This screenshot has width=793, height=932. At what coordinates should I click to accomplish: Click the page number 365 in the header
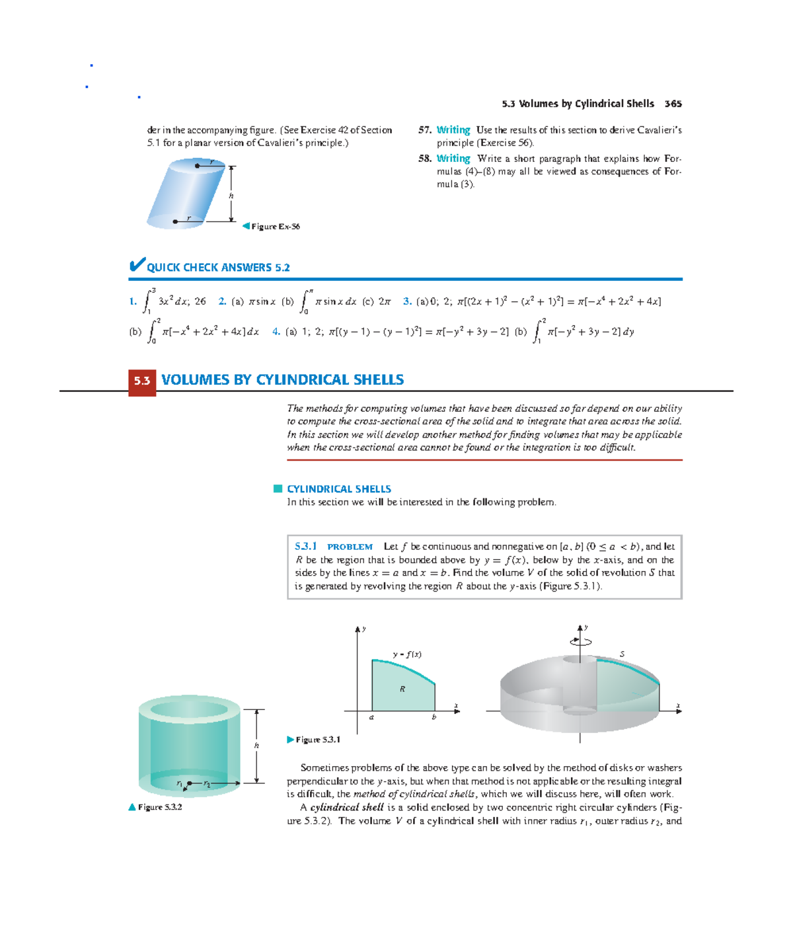(x=673, y=104)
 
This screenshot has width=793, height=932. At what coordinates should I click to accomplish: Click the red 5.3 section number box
(x=142, y=381)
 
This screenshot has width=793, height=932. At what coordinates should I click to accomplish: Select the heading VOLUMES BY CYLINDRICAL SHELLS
(x=282, y=380)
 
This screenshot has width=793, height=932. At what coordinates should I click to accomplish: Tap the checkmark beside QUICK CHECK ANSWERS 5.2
(x=137, y=265)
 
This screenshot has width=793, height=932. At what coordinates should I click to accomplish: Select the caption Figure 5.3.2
(x=159, y=807)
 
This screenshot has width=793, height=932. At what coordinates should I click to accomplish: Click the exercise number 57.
(x=424, y=130)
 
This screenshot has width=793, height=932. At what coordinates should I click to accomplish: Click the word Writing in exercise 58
(x=453, y=159)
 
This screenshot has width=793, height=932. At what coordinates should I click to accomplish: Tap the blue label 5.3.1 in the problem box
(x=305, y=547)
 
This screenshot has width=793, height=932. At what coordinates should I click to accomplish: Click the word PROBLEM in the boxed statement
(x=350, y=547)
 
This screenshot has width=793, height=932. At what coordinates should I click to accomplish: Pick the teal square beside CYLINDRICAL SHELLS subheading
(x=278, y=489)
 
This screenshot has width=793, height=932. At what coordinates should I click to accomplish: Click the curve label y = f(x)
(x=407, y=654)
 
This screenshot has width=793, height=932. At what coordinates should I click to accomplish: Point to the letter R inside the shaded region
(x=402, y=689)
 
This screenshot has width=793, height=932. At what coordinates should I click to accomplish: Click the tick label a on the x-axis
(x=371, y=717)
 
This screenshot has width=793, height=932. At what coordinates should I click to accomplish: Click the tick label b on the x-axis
(x=434, y=717)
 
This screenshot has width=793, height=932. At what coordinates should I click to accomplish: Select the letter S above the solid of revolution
(x=622, y=654)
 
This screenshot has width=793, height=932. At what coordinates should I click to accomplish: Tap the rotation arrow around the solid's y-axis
(x=580, y=641)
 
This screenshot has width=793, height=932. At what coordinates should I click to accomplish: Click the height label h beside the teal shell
(x=257, y=746)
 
